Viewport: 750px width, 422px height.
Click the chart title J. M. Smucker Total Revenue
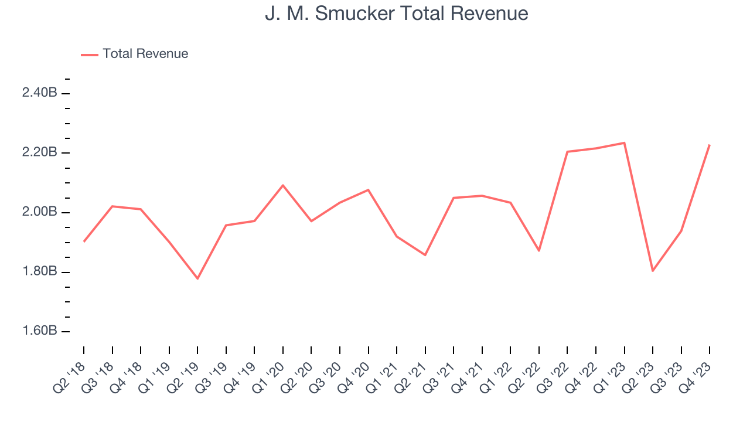pyautogui.click(x=396, y=13)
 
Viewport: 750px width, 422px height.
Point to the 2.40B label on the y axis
pyautogui.click(x=39, y=93)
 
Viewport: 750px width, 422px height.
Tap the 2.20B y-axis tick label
pyautogui.click(x=39, y=152)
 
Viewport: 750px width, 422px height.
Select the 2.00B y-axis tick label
pyautogui.click(x=39, y=212)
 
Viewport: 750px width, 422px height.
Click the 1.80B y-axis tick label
pyautogui.click(x=39, y=271)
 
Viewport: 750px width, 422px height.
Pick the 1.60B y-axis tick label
pyautogui.click(x=39, y=331)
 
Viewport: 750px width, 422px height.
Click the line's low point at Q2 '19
pyautogui.click(x=197, y=278)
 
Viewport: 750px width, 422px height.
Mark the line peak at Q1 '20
pyautogui.click(x=283, y=185)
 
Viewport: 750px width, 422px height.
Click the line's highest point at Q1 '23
pyautogui.click(x=624, y=142)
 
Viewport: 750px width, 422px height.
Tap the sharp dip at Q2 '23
pyautogui.click(x=653, y=271)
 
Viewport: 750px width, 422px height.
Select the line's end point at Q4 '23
pyautogui.click(x=710, y=145)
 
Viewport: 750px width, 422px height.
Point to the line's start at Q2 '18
pyautogui.click(x=84, y=241)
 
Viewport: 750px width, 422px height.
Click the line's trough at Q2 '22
pyautogui.click(x=539, y=251)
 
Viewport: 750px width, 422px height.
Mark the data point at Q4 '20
pyautogui.click(x=369, y=190)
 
